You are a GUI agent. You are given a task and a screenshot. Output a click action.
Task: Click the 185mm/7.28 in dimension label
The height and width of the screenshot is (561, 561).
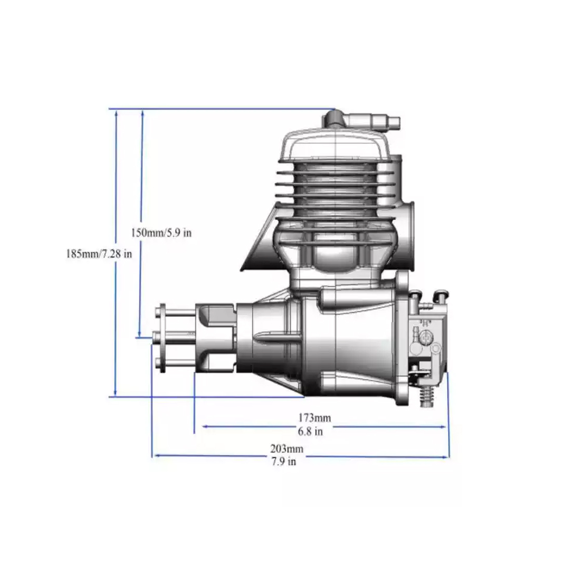click(x=99, y=254)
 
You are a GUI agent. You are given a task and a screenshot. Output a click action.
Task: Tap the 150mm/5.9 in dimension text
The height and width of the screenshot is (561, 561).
click(x=161, y=233)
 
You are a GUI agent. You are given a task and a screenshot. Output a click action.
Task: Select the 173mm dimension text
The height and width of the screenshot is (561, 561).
click(x=314, y=418)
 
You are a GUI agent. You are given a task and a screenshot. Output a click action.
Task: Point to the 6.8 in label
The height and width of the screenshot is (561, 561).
click(x=310, y=432)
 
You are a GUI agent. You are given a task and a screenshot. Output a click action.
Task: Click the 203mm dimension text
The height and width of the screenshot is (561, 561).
click(x=287, y=448)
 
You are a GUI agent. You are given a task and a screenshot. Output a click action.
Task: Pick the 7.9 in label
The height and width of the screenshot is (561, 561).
click(x=284, y=462)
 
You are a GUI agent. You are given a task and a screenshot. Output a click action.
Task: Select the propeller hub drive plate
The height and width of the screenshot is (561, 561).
click(x=163, y=338)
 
